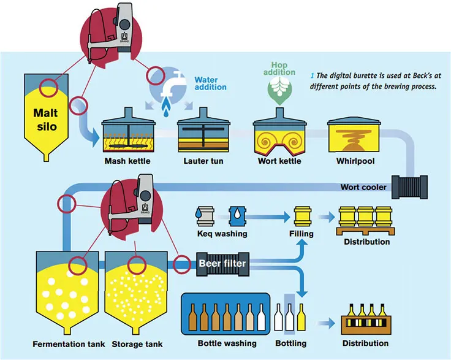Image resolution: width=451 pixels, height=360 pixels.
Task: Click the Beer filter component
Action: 222,264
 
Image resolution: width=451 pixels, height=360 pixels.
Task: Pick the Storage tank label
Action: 133,344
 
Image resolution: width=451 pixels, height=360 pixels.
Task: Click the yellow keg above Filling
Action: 301,216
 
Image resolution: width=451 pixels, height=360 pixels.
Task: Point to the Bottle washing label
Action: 225,343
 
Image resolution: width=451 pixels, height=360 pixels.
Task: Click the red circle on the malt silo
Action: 49,88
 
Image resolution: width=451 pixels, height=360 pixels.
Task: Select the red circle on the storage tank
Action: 135,265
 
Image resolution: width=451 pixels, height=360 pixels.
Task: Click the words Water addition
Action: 210,83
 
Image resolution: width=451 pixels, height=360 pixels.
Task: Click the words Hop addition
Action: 279,68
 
